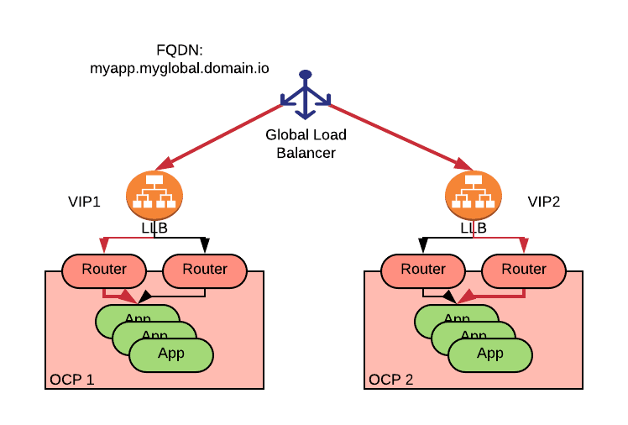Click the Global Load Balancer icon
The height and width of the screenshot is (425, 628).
[306, 95]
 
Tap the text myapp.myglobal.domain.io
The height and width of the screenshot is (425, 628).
[180, 69]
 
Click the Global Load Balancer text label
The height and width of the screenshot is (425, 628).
[306, 144]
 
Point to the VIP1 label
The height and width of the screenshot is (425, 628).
[85, 202]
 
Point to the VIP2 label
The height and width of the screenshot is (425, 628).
[544, 202]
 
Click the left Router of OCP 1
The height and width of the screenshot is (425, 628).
[104, 270]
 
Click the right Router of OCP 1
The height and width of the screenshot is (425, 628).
[205, 270]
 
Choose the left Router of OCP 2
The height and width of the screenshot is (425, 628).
[423, 270]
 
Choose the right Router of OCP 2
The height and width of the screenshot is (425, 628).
[524, 270]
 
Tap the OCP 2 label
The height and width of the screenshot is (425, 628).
[390, 379]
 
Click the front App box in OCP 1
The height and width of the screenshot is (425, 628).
[171, 354]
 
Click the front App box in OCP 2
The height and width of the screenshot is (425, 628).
[490, 354]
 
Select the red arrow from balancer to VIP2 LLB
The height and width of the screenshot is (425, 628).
[395, 134]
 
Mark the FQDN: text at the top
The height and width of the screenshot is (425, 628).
[180, 50]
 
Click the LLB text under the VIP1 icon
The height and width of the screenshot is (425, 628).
[154, 228]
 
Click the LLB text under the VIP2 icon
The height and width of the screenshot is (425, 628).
[474, 228]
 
